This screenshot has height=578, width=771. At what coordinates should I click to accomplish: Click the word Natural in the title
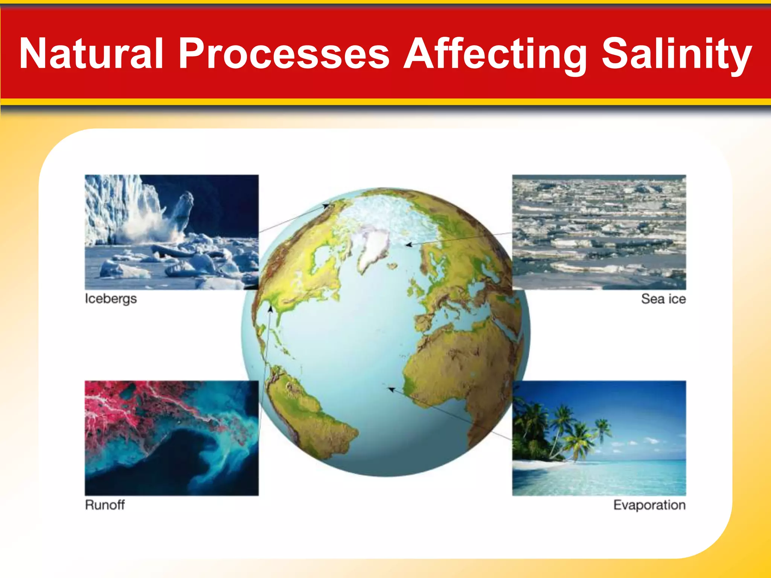tap(91, 53)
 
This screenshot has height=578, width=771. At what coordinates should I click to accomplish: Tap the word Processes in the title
tap(284, 53)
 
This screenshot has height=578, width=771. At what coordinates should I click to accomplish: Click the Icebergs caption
tap(111, 299)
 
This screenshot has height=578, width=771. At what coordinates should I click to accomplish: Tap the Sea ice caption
tap(663, 299)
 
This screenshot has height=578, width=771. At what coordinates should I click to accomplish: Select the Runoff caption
tap(105, 505)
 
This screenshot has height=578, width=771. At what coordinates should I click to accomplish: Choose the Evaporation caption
tap(649, 505)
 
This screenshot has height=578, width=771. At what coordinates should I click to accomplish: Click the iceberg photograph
tap(172, 232)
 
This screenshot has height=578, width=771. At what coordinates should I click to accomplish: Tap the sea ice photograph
tap(599, 232)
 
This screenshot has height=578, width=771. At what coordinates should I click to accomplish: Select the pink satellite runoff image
tap(172, 438)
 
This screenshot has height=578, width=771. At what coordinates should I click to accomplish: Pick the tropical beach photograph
tap(599, 438)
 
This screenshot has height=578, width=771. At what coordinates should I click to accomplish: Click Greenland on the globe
tap(373, 246)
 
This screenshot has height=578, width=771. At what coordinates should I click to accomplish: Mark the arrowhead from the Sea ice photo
tap(408, 245)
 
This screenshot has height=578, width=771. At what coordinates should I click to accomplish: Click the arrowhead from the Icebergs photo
tap(326, 206)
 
